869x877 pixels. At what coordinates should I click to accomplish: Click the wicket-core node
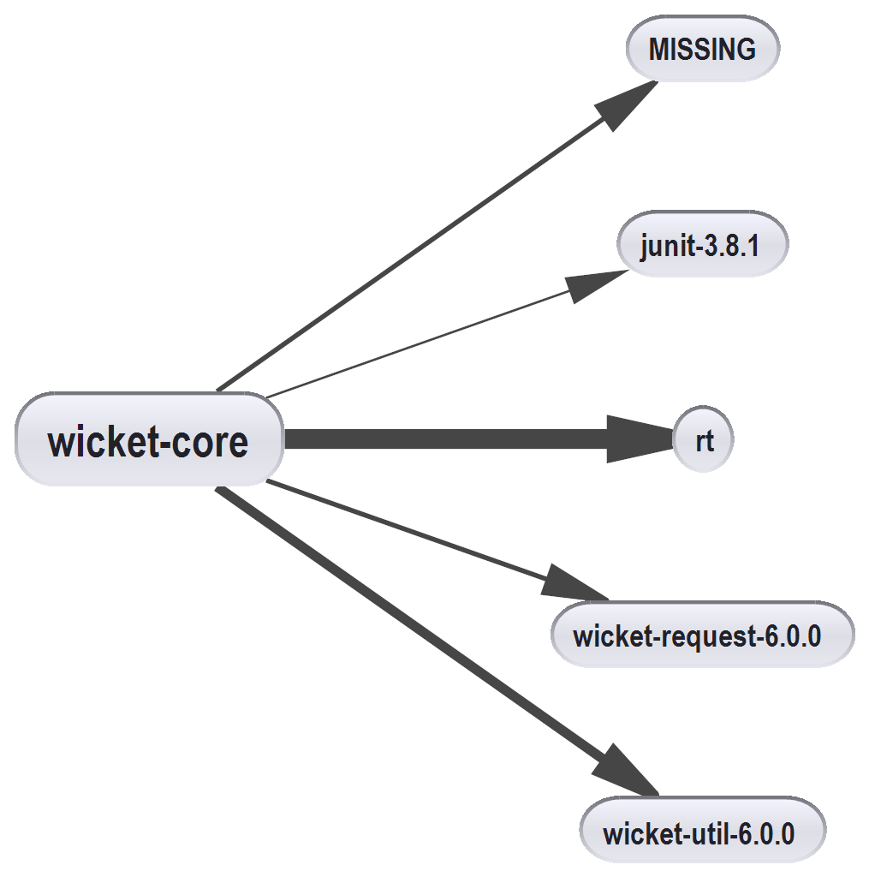coord(149,440)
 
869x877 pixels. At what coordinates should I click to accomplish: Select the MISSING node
coord(702,50)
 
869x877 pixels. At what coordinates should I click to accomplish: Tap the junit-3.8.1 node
coord(700,246)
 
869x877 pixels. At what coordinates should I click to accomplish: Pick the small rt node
coord(703,441)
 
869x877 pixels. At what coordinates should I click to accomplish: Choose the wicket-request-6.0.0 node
coord(701,635)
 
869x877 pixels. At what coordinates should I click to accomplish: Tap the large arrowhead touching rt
coord(638,439)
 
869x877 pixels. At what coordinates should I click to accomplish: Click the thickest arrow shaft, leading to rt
coord(445,439)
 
